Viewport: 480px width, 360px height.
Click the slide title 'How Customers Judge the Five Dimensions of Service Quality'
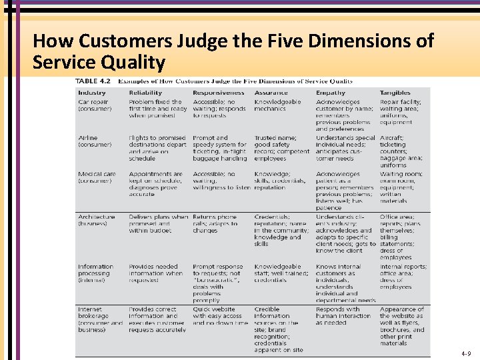tap(233, 51)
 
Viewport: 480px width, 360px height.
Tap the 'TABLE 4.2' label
tap(94, 81)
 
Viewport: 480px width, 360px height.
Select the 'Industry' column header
tap(92, 93)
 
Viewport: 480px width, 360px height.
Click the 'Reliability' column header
tap(145, 93)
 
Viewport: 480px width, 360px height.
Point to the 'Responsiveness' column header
tap(219, 93)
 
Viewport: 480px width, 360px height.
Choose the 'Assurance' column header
tap(271, 93)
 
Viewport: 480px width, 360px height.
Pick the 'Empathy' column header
tap(331, 93)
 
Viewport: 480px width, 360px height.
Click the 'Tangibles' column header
tap(395, 93)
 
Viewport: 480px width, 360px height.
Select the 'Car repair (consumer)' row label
tap(95, 105)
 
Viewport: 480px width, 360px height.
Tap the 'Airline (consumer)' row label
tap(95, 141)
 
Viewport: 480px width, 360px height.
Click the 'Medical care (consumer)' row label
tap(97, 177)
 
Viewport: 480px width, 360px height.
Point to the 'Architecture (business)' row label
tap(97, 220)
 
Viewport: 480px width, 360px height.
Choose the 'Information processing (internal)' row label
tap(95, 273)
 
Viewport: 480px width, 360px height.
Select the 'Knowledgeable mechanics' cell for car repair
tap(277, 105)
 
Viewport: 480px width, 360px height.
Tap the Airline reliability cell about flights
tap(157, 148)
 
